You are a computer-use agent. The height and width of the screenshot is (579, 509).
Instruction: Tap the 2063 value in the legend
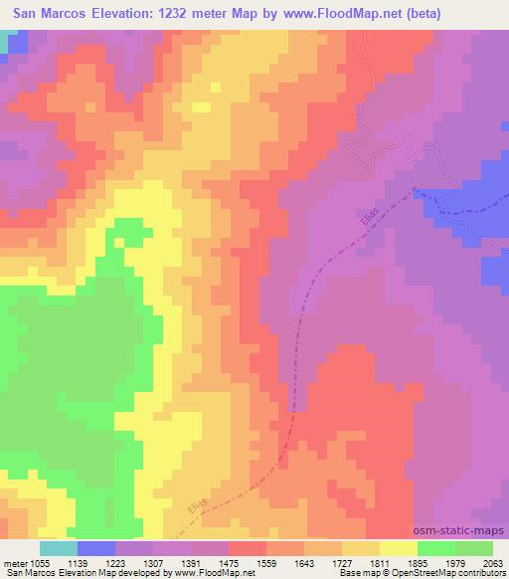tap(490, 562)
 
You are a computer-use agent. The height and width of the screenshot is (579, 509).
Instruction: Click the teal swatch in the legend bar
tap(58, 548)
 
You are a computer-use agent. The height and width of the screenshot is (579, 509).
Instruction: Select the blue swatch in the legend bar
tap(95, 548)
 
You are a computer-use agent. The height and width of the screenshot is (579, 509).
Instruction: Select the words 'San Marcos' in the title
tap(47, 13)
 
